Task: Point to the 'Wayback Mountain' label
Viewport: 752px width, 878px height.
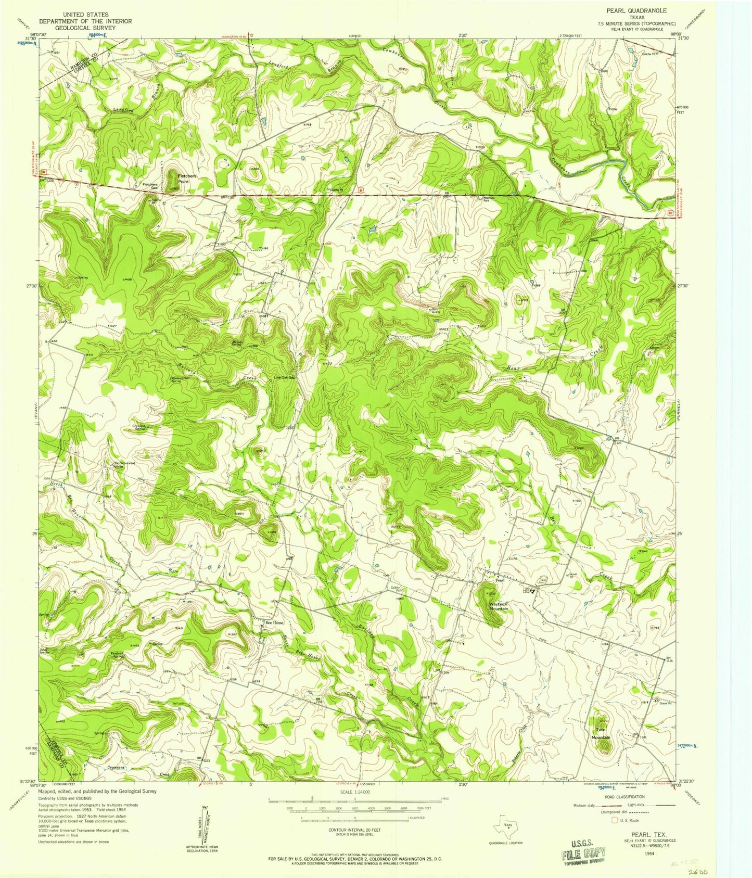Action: [x=499, y=606]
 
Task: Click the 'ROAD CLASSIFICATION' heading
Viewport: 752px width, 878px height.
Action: [x=629, y=797]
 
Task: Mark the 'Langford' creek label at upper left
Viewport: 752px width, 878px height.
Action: [x=124, y=110]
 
